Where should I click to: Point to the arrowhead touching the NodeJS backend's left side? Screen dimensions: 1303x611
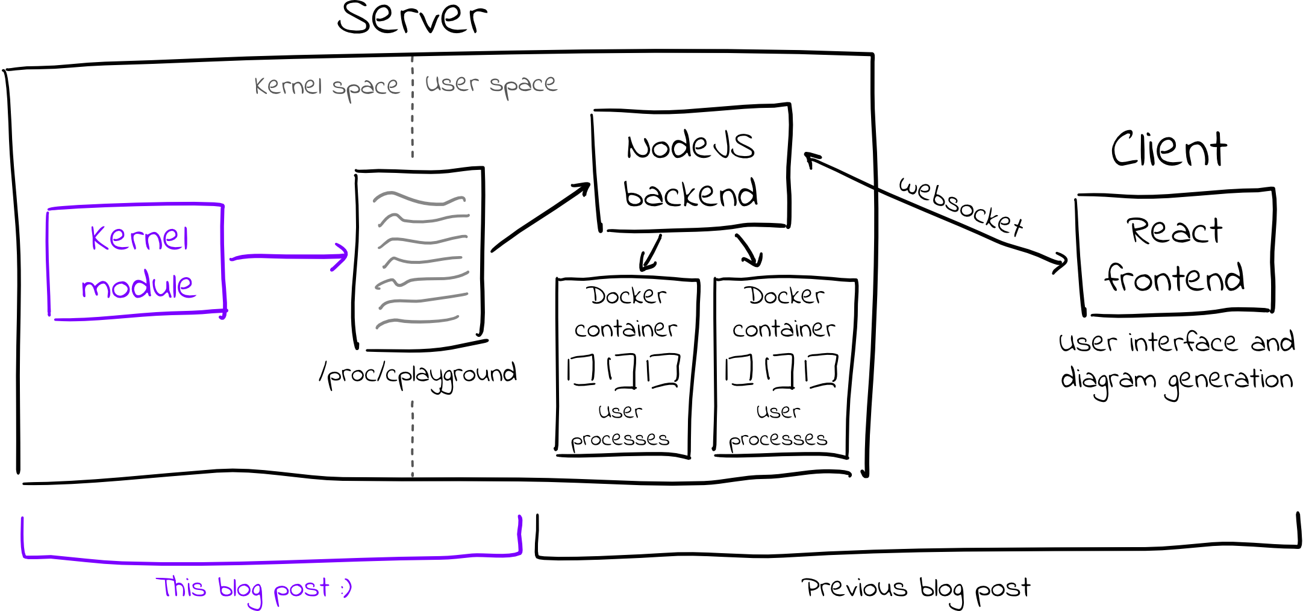tap(589, 184)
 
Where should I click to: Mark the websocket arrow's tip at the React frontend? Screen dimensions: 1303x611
tap(1067, 260)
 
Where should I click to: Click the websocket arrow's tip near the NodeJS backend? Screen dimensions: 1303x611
tap(805, 154)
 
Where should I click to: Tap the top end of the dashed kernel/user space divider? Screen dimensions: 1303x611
tap(412, 57)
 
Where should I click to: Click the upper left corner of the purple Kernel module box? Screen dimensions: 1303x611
tap(48, 210)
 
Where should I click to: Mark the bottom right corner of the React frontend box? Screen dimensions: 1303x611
tap(1273, 311)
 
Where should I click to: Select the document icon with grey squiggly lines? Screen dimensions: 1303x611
tap(420, 258)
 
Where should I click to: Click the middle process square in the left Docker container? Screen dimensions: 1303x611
tap(622, 371)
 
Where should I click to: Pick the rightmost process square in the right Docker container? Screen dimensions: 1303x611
tap(822, 370)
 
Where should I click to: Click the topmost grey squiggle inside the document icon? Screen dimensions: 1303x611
tap(419, 198)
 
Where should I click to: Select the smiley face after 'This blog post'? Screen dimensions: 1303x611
tap(346, 588)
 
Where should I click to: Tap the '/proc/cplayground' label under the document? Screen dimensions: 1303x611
tap(418, 375)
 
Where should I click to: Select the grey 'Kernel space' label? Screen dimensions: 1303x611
tap(327, 87)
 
